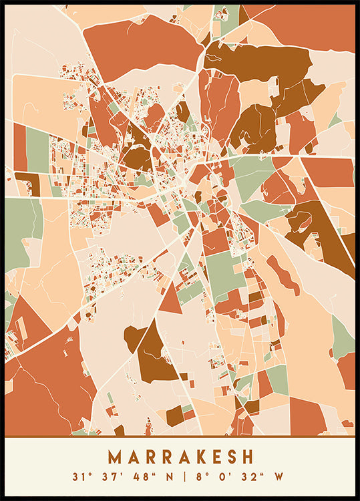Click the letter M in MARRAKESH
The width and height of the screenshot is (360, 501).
click(115, 457)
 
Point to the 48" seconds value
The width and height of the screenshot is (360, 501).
click(132, 477)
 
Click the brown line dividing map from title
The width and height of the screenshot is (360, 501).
click(180, 436)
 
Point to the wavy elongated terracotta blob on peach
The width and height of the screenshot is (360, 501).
click(284, 275)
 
